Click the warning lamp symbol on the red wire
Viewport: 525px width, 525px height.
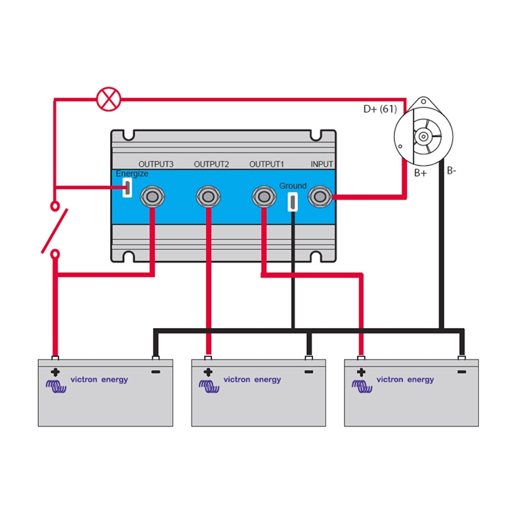click(x=109, y=100)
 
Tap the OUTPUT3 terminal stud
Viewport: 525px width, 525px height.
click(x=152, y=196)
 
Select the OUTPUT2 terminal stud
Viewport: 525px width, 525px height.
click(x=208, y=196)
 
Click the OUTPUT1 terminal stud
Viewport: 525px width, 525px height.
click(x=264, y=196)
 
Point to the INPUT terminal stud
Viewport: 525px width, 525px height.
click(x=320, y=196)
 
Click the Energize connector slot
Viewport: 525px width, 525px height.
click(x=128, y=188)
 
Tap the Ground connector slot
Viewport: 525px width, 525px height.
click(x=293, y=201)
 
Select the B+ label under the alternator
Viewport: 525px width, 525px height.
click(x=420, y=173)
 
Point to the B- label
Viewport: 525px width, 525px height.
click(x=451, y=171)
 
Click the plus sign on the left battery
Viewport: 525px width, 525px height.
click(x=55, y=371)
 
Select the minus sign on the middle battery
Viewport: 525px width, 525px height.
click(x=308, y=371)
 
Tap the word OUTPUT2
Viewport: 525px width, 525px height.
click(x=211, y=164)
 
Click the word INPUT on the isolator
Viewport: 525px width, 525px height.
click(x=322, y=164)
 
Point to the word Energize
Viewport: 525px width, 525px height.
click(x=132, y=174)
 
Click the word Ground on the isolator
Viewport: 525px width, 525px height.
click(x=293, y=186)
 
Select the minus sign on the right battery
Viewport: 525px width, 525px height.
click(x=461, y=371)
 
